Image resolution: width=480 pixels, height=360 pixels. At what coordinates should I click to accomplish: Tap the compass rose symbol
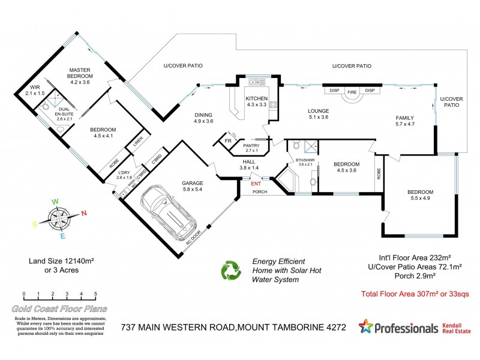pos(59,217)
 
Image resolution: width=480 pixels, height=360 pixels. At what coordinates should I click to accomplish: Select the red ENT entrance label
pos(256,184)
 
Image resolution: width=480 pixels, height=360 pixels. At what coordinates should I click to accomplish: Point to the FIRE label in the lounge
pos(352,91)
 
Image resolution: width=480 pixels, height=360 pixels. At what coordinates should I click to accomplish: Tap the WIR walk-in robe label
pos(36,88)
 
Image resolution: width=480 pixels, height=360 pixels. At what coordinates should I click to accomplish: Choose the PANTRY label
pos(251,145)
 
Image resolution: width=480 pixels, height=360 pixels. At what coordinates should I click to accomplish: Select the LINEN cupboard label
pos(137,142)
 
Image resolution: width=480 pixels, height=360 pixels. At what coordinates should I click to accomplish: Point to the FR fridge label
pos(228,141)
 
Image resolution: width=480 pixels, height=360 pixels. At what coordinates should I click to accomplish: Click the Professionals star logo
pos(364,327)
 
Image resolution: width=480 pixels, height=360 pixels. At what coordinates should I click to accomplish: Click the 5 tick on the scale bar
pos(96,295)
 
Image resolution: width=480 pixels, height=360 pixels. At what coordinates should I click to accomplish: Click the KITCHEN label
pos(256,99)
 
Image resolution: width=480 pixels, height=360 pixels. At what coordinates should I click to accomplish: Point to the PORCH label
pos(259,192)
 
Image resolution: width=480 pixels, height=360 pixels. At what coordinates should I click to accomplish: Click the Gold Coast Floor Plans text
pos(59,309)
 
